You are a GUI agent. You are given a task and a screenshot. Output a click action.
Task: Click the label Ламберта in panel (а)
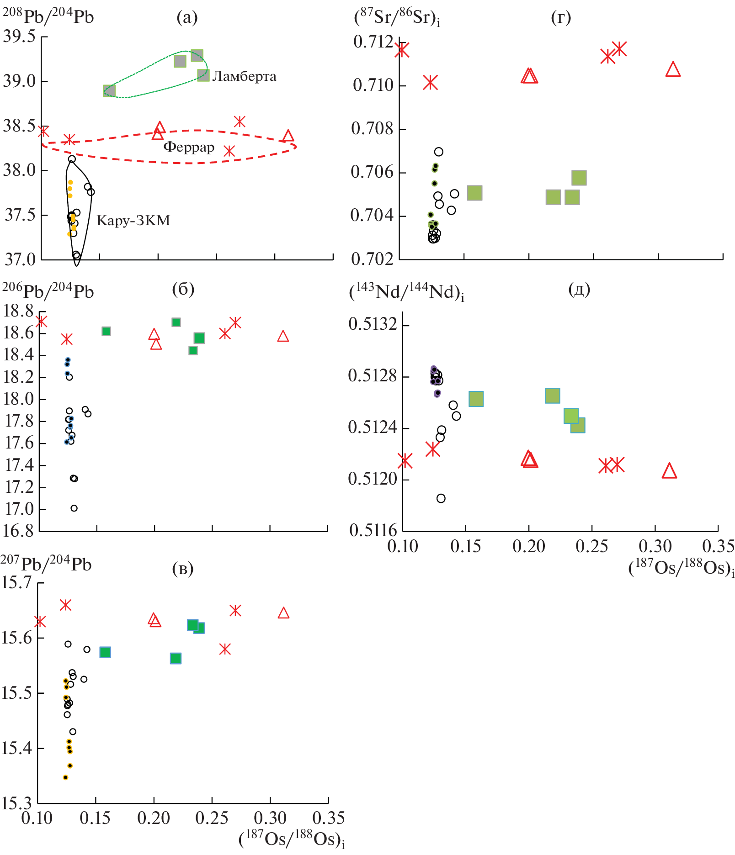(x=244, y=76)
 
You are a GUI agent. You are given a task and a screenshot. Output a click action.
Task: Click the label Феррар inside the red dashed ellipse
(x=189, y=147)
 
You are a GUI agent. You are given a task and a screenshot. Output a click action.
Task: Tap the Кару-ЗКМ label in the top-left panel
(x=133, y=221)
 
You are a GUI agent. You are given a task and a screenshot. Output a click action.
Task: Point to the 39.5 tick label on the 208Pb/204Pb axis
(x=19, y=37)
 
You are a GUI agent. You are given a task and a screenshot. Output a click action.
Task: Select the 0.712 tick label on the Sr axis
(x=373, y=42)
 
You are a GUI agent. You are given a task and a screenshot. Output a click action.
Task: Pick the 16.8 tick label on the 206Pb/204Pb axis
(x=18, y=531)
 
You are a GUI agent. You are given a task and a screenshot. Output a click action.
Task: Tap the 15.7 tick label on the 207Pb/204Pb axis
(x=16, y=583)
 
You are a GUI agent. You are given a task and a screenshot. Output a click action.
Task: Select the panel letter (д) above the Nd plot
(x=579, y=289)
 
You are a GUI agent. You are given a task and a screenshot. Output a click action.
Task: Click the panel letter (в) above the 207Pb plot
(x=183, y=568)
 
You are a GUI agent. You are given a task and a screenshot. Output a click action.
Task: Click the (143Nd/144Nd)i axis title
(x=406, y=292)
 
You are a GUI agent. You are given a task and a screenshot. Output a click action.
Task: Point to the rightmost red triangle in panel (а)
(x=288, y=136)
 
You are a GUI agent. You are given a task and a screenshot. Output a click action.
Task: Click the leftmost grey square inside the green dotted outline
(x=109, y=91)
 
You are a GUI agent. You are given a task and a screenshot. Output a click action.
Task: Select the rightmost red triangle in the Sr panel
(x=673, y=69)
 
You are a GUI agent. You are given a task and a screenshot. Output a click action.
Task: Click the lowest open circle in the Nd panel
(x=441, y=498)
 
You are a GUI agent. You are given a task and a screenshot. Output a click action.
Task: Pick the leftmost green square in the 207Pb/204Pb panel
(x=105, y=652)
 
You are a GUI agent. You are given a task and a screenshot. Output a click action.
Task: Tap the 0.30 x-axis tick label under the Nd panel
(x=655, y=546)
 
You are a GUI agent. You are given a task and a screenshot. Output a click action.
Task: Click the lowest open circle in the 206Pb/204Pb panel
(x=74, y=508)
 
